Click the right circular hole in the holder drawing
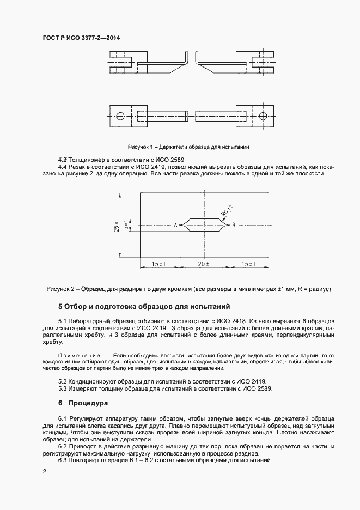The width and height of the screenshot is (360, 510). tap(264, 116)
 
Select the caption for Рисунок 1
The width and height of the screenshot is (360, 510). tap(188, 147)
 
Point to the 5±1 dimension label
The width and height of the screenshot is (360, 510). tap(126, 224)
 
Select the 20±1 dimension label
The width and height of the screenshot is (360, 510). tap(204, 264)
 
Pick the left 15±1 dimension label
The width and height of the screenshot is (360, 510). tap(159, 264)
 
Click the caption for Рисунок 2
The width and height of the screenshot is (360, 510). tap(188, 288)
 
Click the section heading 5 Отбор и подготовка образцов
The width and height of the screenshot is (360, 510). tap(144, 306)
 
